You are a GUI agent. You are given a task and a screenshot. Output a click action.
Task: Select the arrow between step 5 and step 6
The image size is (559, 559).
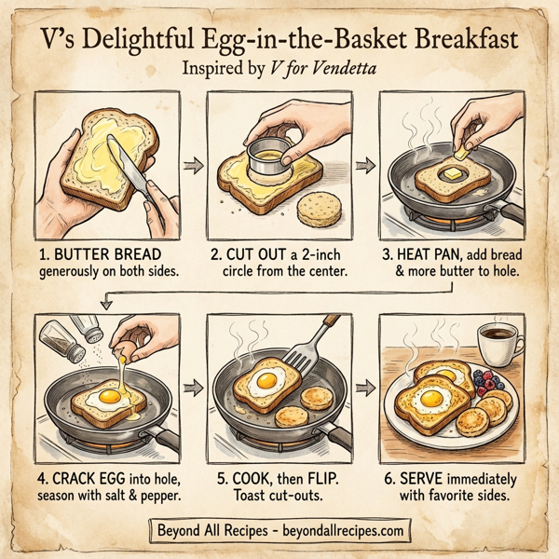point(367,384)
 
